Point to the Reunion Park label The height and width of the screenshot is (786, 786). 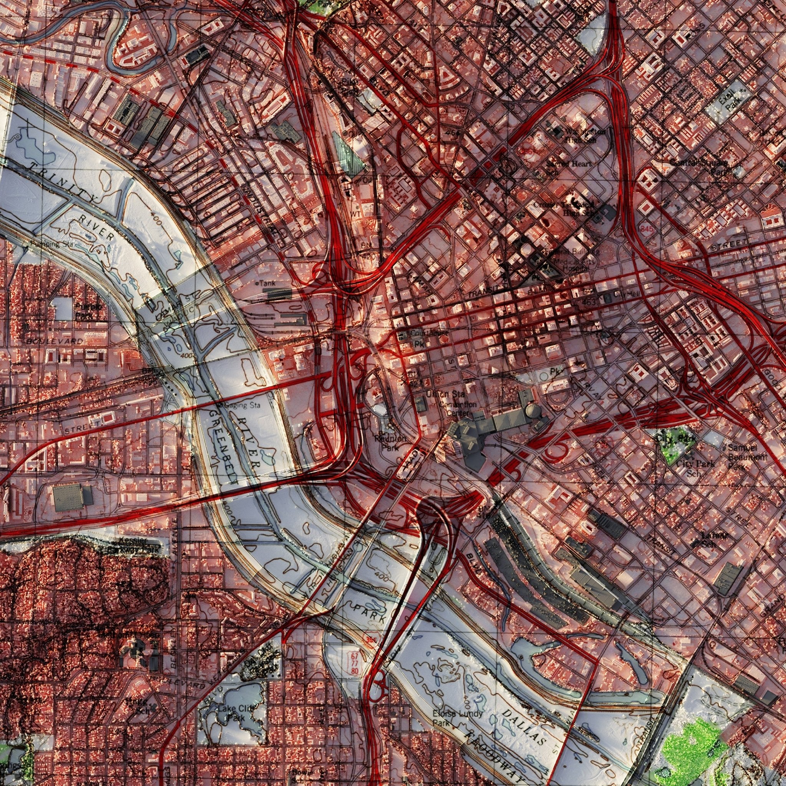click(390, 443)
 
